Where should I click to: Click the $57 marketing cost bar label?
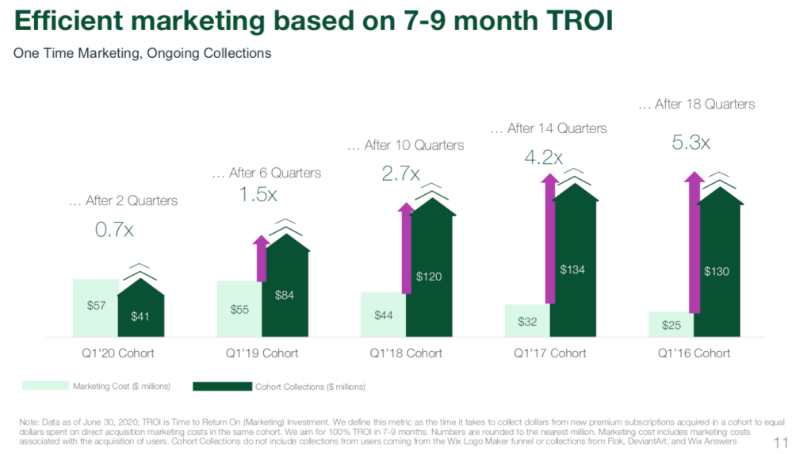95,305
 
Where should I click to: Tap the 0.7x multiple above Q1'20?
114,230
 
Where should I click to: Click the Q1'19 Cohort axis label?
262,353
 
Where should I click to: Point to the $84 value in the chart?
285,295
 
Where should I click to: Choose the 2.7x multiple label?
402,174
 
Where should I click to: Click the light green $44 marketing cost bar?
384,315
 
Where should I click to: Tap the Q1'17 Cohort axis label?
550,353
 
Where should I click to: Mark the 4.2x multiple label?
544,157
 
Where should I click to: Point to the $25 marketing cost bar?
671,323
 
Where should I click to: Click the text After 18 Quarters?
696,104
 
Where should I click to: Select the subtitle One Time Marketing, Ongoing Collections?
143,54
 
